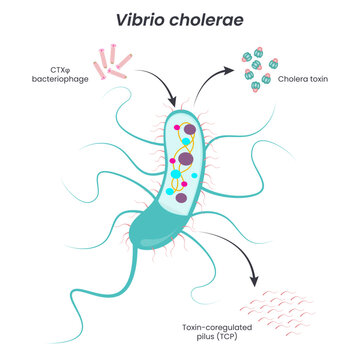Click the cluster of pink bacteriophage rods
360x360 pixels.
[114, 61]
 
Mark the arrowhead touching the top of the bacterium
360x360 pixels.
[175, 105]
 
